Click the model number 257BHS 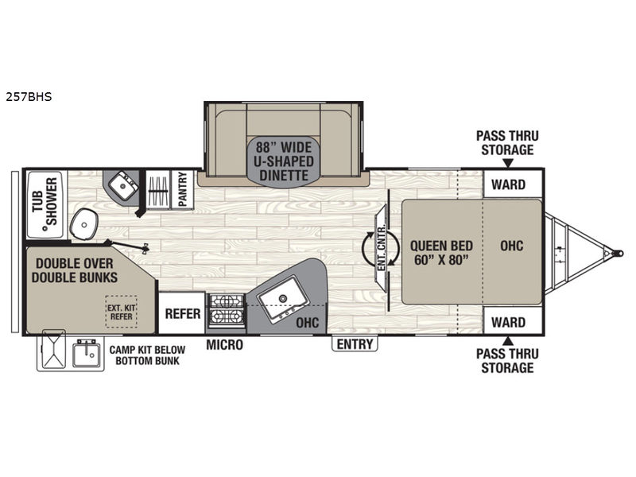(x=29, y=97)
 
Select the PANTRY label (x=182, y=188)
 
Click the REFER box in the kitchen (x=182, y=312)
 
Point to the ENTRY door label (x=355, y=344)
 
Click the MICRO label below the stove (x=225, y=345)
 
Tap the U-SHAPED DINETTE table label (x=284, y=161)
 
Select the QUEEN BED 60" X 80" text (x=441, y=252)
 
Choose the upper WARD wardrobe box (x=513, y=184)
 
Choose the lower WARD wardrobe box (x=513, y=321)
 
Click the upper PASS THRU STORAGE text (x=507, y=142)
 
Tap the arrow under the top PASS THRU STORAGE (x=508, y=163)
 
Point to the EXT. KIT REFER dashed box (x=122, y=312)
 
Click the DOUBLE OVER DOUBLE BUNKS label (x=75, y=270)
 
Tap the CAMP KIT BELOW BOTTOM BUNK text (x=147, y=355)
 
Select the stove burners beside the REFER (x=227, y=310)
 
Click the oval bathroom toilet (x=84, y=223)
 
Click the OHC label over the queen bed (x=511, y=246)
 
